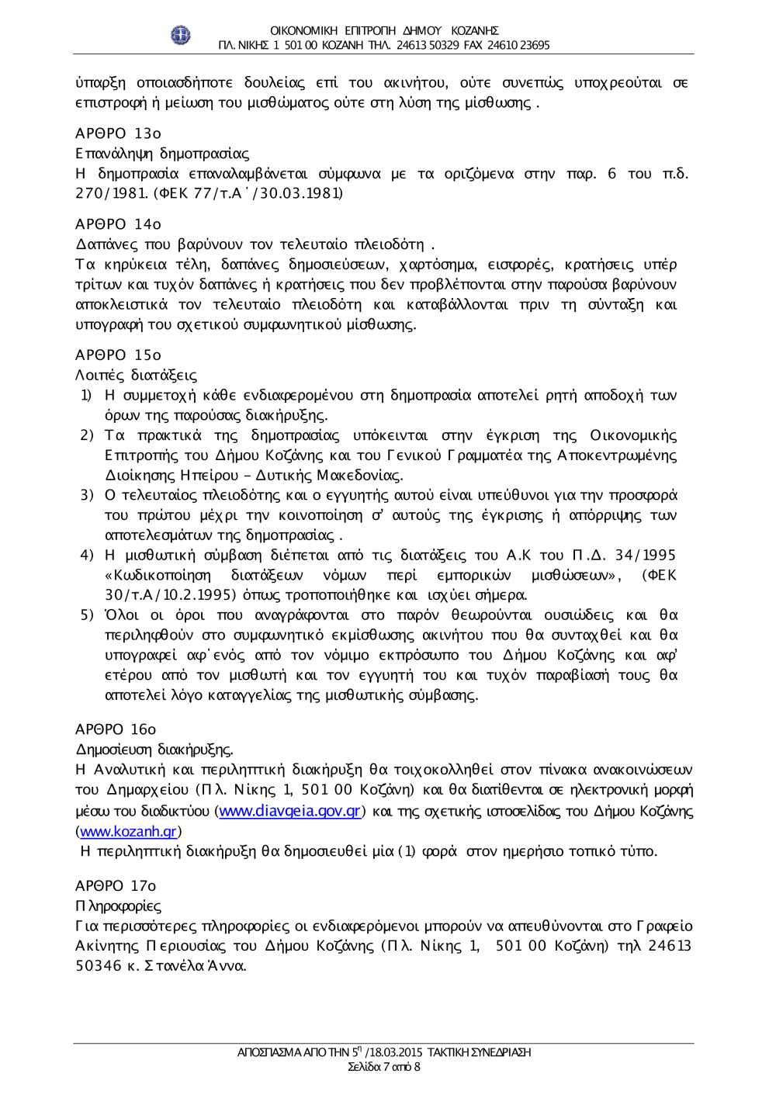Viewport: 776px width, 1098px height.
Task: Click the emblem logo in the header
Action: [x=180, y=35]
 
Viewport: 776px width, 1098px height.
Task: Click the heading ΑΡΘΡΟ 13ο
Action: [x=118, y=133]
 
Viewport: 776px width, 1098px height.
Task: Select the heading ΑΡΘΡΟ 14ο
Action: [x=118, y=224]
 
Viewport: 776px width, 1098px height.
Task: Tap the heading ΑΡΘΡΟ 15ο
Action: [x=118, y=355]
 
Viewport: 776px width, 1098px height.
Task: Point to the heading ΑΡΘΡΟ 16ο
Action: [x=116, y=729]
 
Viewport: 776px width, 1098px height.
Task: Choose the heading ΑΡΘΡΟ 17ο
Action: [x=116, y=885]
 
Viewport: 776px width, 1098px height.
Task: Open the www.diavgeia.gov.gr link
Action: [x=290, y=811]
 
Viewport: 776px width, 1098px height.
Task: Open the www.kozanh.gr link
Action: [x=129, y=831]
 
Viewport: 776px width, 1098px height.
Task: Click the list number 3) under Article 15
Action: [x=87, y=495]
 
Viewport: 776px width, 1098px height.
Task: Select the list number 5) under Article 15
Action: [x=87, y=615]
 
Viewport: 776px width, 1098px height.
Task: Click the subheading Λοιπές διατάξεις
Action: [x=136, y=375]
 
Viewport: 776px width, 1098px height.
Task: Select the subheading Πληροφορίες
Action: [x=118, y=906]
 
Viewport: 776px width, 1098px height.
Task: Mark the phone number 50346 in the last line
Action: [x=99, y=966]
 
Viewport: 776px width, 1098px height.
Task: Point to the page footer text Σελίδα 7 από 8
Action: [x=384, y=1067]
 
